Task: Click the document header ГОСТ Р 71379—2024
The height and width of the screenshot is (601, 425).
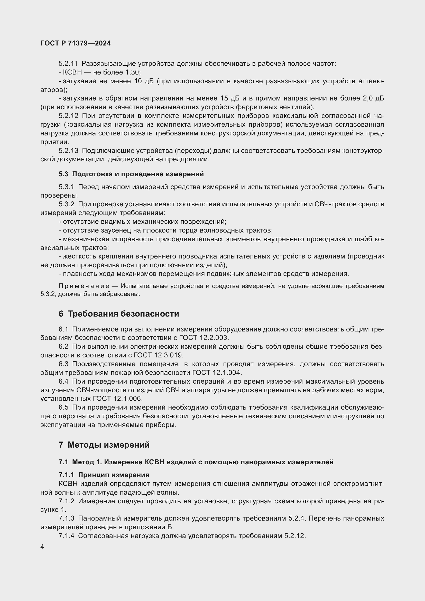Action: [x=76, y=43]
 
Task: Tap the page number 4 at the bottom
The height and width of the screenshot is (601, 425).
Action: [x=42, y=547]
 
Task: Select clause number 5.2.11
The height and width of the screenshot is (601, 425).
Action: [x=68, y=64]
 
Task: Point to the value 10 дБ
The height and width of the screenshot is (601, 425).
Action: [x=144, y=81]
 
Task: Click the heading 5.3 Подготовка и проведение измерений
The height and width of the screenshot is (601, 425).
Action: [x=131, y=174]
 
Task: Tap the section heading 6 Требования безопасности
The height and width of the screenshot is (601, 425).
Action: [x=119, y=313]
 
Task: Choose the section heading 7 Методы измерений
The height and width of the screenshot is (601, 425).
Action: [x=104, y=445]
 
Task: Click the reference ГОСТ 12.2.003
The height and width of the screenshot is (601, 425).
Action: [x=204, y=338]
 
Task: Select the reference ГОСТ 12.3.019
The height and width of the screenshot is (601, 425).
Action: [x=159, y=355]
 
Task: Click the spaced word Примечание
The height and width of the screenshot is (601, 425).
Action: [x=84, y=286]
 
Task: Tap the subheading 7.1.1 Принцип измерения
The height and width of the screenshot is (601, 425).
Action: [x=104, y=475]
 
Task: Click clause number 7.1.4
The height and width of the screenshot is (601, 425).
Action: [x=67, y=536]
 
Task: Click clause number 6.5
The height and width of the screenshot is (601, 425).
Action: [x=63, y=408]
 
